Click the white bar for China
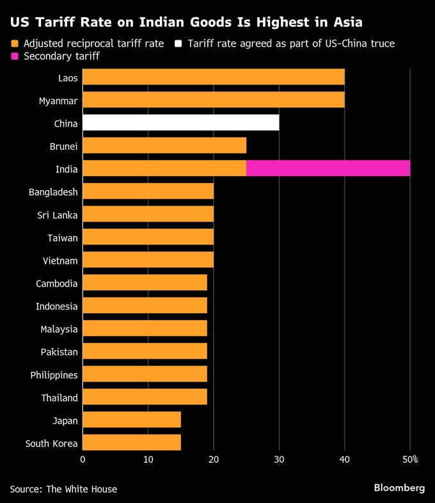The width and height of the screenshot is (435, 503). [180, 123]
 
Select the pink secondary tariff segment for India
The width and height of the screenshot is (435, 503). [328, 168]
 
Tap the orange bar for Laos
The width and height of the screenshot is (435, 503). [214, 77]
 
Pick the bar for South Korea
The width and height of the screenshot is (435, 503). [132, 443]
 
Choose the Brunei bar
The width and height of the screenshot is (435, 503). [164, 146]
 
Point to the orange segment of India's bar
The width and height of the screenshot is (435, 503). [164, 168]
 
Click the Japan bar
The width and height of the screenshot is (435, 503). [132, 420]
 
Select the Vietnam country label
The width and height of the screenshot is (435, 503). [61, 260]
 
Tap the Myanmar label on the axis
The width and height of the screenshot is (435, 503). [58, 100]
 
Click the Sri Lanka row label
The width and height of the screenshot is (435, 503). [58, 215]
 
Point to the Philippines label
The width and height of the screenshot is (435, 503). [54, 375]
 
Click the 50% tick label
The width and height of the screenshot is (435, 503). [409, 459]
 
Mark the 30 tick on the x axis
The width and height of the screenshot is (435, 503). [279, 459]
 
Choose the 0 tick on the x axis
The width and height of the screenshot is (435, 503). [83, 459]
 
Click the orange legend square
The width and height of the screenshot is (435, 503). [14, 44]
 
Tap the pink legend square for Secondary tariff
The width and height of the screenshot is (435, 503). [14, 57]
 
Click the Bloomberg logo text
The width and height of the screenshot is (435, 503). [399, 488]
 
